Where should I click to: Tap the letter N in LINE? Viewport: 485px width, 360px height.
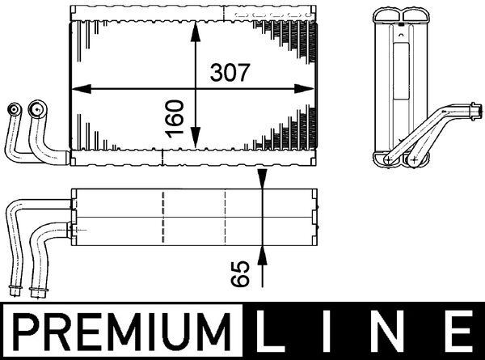(394, 332)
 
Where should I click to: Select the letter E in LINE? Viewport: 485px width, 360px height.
(458, 332)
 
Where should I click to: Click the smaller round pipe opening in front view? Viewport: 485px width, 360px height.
(14, 109)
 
